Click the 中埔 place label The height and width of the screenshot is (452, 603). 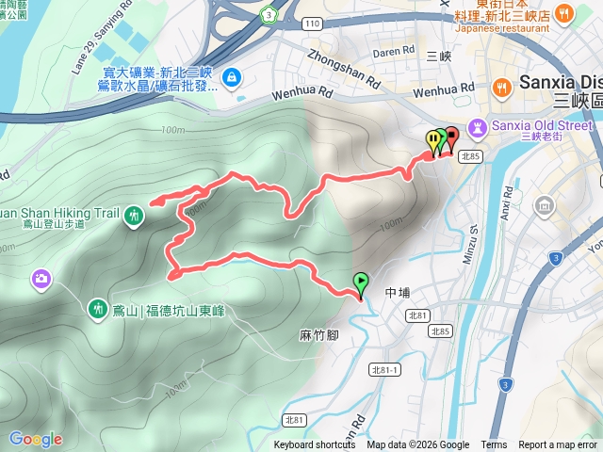point(399,292)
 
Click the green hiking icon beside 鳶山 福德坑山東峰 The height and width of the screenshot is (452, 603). point(97,308)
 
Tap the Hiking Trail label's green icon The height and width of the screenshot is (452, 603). point(135,215)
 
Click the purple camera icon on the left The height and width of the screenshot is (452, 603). point(41,278)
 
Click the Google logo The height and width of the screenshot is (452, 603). point(36,439)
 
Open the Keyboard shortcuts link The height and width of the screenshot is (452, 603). point(315,445)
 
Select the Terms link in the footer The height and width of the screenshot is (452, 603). point(494,445)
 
